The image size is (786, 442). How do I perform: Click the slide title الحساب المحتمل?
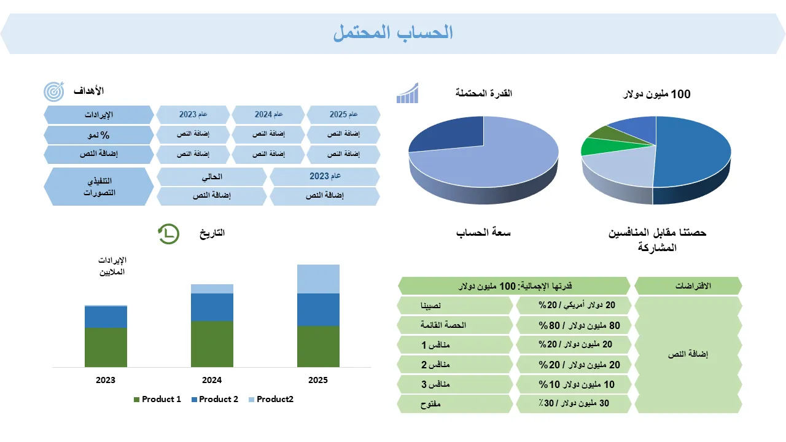pos(393,33)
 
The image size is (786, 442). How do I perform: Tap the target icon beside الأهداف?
pos(53,91)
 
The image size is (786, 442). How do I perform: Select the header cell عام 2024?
pos(268,115)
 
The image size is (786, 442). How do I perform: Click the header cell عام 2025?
pos(343,115)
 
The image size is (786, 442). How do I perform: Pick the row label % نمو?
pos(99,135)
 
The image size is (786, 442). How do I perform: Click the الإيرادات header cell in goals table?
pos(99,115)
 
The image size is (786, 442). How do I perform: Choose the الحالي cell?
pos(212,177)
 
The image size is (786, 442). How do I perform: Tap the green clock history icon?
pos(168,234)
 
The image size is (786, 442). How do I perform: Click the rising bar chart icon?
pos(407,93)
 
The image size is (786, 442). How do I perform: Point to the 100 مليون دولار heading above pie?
pos(656,94)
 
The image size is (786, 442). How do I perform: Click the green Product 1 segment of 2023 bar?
pos(106,347)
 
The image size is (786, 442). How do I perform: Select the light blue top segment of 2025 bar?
pos(318,279)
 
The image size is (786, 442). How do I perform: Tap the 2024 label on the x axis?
pos(212,380)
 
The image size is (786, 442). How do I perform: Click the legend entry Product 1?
pos(158,399)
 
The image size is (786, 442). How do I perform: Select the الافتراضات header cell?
pos(688,286)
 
